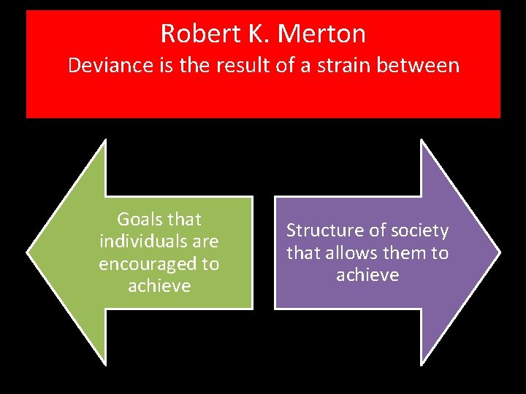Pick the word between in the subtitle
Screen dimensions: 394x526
[x=422, y=66]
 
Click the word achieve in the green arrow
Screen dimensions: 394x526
[x=159, y=286]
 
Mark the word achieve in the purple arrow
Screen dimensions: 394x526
[x=367, y=275]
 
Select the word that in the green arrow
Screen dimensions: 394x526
[x=184, y=220]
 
